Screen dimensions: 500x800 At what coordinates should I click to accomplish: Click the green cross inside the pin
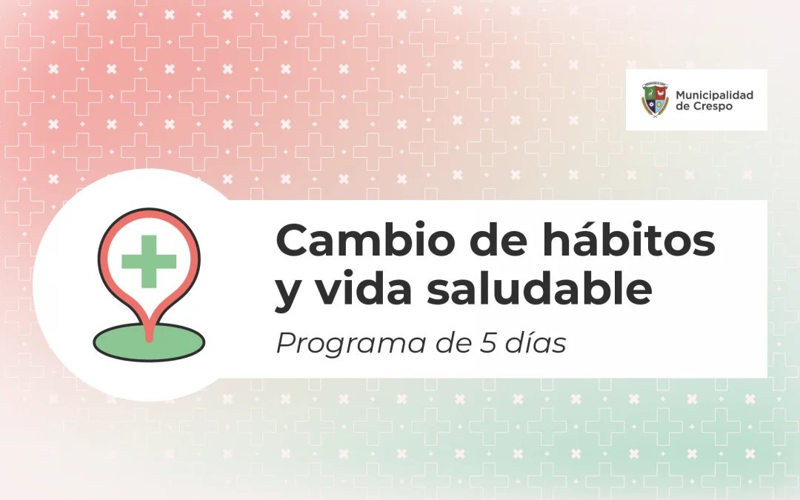[149, 261]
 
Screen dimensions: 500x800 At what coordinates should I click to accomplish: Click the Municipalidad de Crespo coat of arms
[655, 101]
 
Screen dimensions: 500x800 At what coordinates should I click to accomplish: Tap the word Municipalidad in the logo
[714, 96]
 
